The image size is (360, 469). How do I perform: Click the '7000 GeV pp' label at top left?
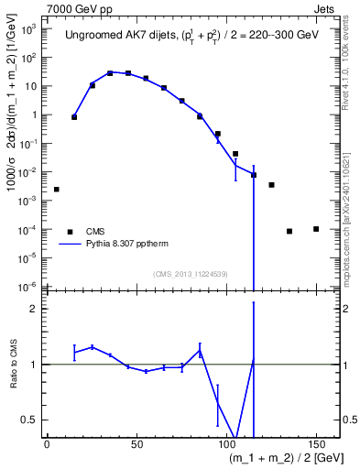[x=75, y=8]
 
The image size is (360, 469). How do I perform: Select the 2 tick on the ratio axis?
[x=36, y=309]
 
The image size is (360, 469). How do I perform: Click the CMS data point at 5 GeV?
[x=57, y=190]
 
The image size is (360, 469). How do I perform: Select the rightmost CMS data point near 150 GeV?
[x=316, y=229]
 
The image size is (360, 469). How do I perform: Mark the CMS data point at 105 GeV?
[x=235, y=154]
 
